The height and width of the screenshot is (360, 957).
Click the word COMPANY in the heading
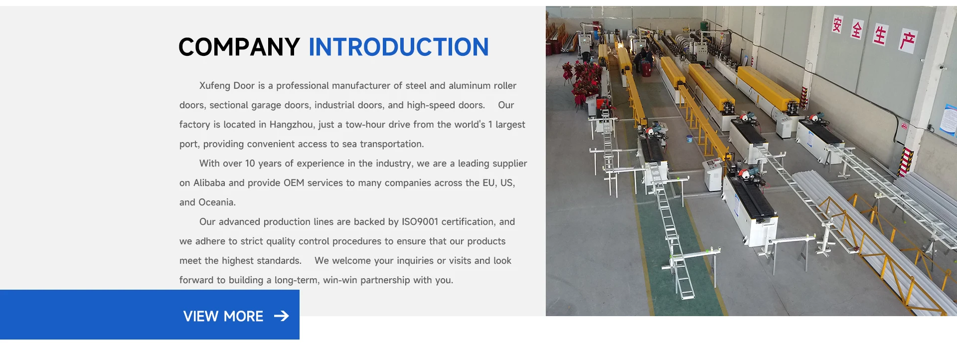click(239, 47)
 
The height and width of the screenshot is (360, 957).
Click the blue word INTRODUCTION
click(399, 47)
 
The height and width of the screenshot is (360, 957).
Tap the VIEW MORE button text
click(223, 316)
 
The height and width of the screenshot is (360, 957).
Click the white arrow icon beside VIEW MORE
click(282, 316)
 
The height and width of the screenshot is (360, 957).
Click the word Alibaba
click(209, 183)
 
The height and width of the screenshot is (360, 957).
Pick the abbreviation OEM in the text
click(294, 183)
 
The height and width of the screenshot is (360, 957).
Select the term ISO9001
click(420, 222)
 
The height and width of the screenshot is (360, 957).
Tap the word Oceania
click(217, 202)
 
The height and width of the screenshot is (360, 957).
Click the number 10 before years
click(250, 164)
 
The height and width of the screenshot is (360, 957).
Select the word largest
click(510, 125)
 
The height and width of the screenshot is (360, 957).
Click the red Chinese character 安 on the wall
click(837, 24)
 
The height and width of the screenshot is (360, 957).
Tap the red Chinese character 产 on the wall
click(907, 41)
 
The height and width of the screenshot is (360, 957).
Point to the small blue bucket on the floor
click(689, 139)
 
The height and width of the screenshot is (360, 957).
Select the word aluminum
click(470, 86)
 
